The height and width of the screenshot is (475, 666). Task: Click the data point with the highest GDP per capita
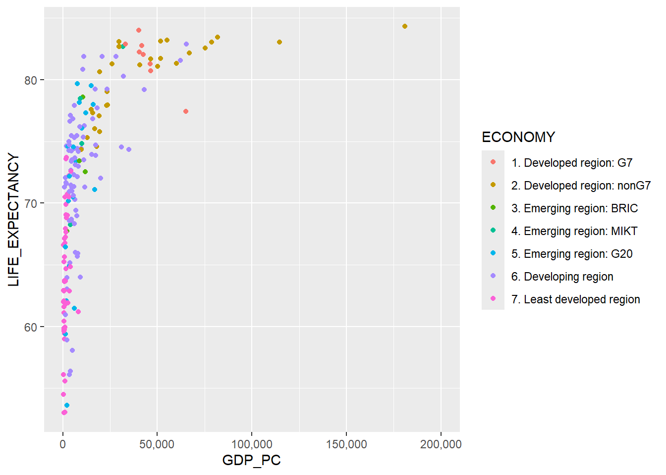pos(405,26)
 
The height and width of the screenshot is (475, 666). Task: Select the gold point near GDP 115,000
pos(279,42)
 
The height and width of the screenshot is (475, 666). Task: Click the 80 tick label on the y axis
pos(31,80)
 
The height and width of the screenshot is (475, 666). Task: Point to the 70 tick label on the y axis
pos(31,203)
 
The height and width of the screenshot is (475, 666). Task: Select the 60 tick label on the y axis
pos(31,327)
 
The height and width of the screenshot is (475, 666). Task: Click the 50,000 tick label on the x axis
pos(157,444)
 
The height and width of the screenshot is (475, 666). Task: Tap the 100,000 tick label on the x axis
pos(251,444)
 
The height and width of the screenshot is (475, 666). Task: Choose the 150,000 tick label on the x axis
pos(346,444)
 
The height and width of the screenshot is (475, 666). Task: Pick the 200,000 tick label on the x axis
pos(441,444)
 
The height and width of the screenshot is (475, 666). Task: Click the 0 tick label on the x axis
pos(63,444)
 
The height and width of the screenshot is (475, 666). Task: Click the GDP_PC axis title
pos(251,460)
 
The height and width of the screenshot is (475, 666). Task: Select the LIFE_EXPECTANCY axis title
pos(14,220)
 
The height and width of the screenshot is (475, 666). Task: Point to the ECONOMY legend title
pos(518,137)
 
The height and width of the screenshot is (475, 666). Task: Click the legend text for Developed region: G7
pos(572,163)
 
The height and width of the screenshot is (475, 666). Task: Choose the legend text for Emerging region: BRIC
pos(574,208)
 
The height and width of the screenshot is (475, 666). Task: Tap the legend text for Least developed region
pos(575,299)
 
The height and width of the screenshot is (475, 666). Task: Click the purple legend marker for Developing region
pos(493,276)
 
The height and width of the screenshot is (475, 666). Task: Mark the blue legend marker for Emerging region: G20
pos(493,253)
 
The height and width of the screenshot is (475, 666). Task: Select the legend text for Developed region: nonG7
pos(581,186)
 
